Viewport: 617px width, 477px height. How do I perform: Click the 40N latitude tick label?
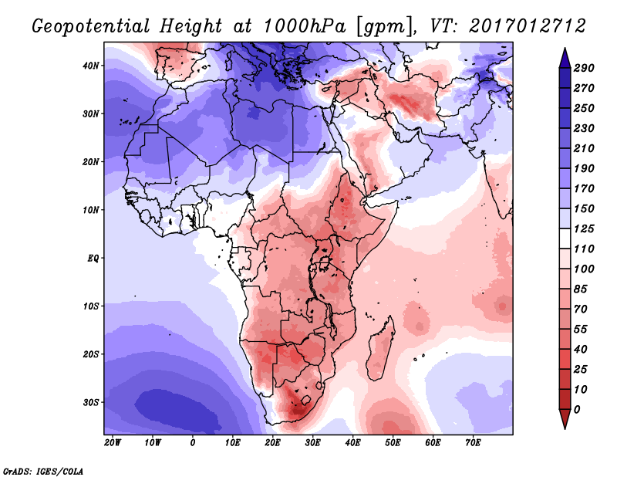point(91,66)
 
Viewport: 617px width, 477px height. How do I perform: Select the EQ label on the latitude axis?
point(92,258)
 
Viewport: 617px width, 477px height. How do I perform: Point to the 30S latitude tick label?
point(91,402)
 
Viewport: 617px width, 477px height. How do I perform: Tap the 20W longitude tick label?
point(112,442)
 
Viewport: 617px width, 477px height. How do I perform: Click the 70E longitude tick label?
point(473,442)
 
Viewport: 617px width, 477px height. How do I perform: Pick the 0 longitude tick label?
point(193,442)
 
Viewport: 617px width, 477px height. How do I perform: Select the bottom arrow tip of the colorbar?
point(564,425)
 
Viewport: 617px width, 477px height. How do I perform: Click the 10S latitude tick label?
point(91,306)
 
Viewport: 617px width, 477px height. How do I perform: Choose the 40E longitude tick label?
point(352,442)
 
